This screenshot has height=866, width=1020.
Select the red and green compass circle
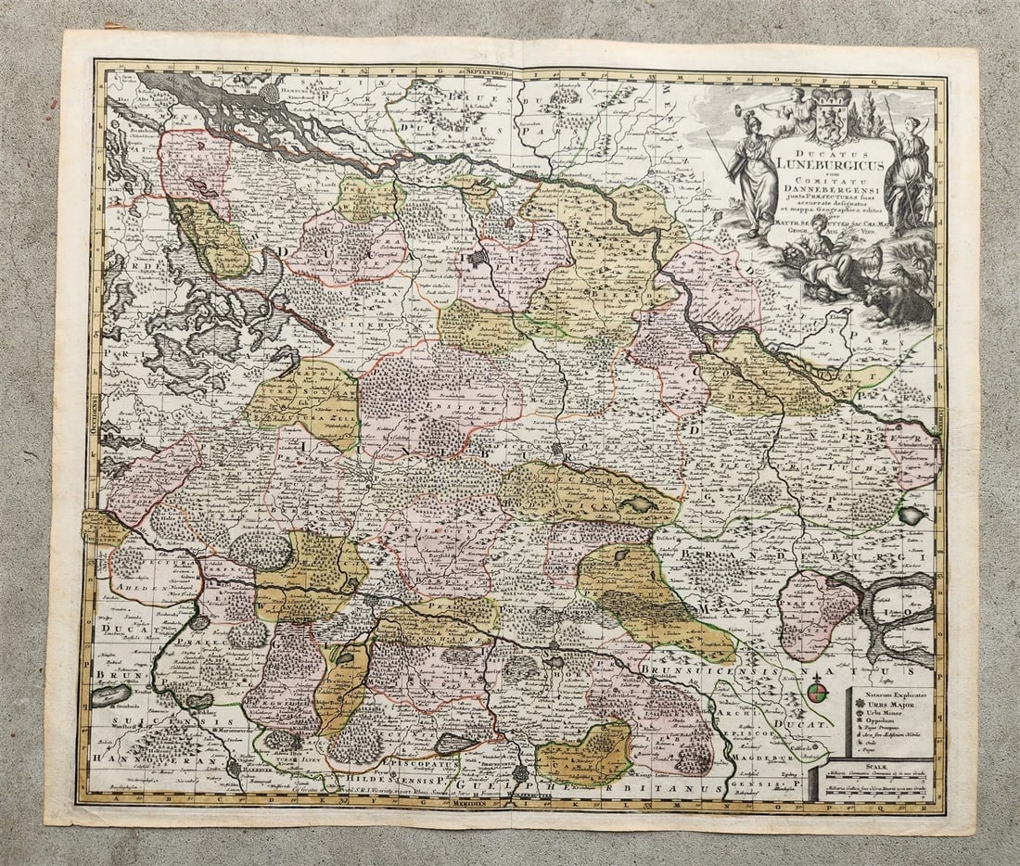(816, 692)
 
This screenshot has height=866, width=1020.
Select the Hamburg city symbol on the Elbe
(270, 93)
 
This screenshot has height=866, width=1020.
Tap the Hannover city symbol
(234, 766)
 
